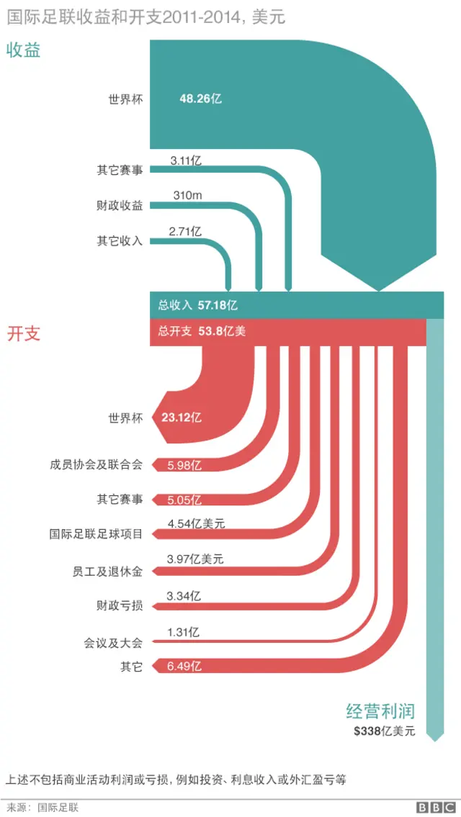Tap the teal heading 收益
click(x=23, y=50)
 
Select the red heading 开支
click(x=23, y=334)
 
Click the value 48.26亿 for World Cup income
click(x=200, y=99)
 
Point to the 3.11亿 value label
click(x=185, y=161)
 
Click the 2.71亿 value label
click(x=184, y=231)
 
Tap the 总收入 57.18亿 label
click(x=197, y=304)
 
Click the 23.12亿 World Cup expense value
click(x=181, y=417)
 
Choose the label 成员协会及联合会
click(x=97, y=464)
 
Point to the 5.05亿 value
click(x=184, y=500)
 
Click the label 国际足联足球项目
click(x=97, y=534)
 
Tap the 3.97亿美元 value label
click(x=194, y=559)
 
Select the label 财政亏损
click(x=120, y=605)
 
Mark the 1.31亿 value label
click(x=183, y=632)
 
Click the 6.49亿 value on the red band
click(x=184, y=667)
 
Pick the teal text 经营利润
click(x=380, y=711)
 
